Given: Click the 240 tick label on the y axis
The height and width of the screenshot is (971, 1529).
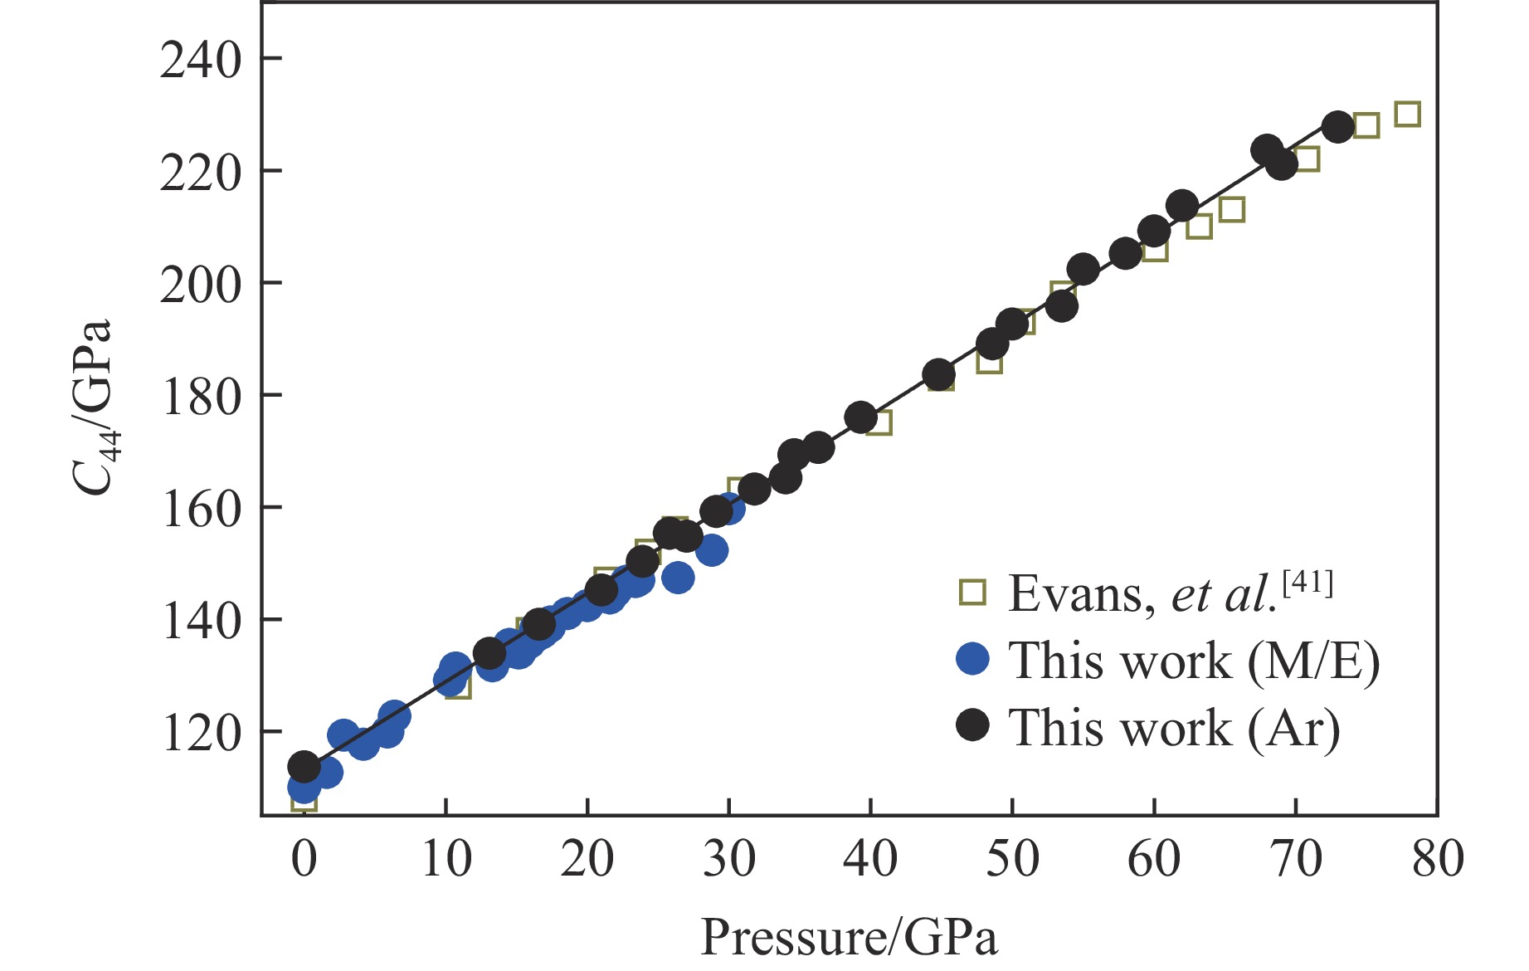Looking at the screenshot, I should pyautogui.click(x=200, y=61).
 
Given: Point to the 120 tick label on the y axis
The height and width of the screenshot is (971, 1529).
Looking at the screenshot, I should pyautogui.click(x=200, y=734).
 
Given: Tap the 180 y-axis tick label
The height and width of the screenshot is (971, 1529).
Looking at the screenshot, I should pyautogui.click(x=200, y=397).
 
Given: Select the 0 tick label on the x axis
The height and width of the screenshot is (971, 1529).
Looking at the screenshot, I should pyautogui.click(x=304, y=859).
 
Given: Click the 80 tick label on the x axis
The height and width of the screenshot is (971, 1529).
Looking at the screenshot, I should pyautogui.click(x=1438, y=859).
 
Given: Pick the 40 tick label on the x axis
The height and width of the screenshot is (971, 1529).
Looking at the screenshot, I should pyautogui.click(x=870, y=859).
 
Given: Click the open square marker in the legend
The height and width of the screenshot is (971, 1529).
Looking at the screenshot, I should pyautogui.click(x=972, y=593).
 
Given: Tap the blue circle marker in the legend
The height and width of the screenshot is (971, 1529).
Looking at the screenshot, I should pyautogui.click(x=972, y=659).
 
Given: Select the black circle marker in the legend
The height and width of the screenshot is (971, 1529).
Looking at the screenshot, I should pyautogui.click(x=972, y=725).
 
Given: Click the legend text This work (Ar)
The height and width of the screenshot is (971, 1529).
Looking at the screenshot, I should pyautogui.click(x=1173, y=728).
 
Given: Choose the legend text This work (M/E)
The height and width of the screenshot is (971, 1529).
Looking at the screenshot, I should pyautogui.click(x=1193, y=661).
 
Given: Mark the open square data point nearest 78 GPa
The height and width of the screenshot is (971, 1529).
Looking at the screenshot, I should pyautogui.click(x=1407, y=115).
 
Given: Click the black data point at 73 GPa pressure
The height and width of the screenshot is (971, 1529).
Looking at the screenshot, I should pyautogui.click(x=1337, y=127).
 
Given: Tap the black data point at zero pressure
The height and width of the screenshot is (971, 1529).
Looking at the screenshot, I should pyautogui.click(x=304, y=767).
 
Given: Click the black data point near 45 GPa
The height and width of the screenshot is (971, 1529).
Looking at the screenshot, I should pyautogui.click(x=938, y=375).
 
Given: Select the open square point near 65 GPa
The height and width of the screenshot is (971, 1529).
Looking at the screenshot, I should pyautogui.click(x=1232, y=210).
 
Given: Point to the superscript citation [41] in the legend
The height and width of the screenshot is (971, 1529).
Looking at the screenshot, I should pyautogui.click(x=1307, y=584).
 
